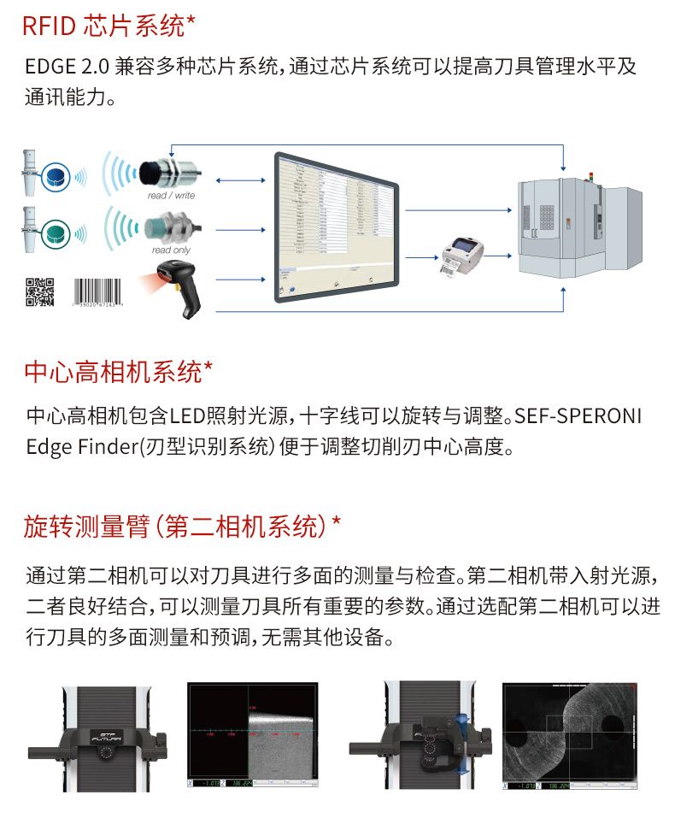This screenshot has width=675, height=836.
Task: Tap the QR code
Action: point(39,292)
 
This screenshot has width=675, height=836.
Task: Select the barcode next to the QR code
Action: point(97,291)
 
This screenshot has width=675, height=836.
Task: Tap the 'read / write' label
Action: point(171,196)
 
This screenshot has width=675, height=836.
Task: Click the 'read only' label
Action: point(171,250)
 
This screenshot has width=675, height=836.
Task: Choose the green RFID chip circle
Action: point(56,231)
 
